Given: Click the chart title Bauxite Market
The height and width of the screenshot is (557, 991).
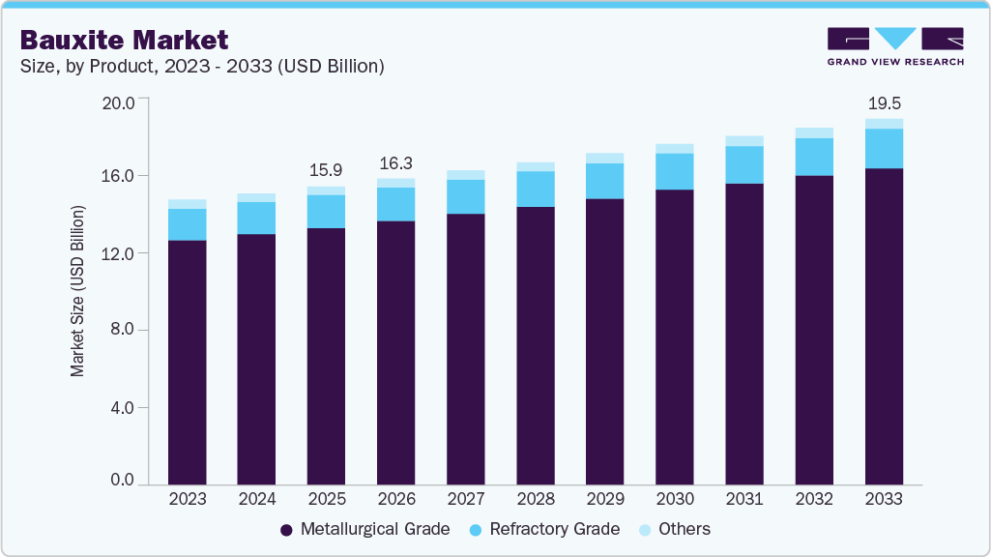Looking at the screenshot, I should point(125,40).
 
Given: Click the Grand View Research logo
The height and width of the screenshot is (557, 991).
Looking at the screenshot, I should point(895,45).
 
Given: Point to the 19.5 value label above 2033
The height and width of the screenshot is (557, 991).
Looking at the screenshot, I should point(884,103).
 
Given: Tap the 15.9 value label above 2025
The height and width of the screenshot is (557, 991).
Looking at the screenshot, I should point(326,169).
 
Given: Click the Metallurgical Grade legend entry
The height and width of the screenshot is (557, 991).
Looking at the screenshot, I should point(364,529).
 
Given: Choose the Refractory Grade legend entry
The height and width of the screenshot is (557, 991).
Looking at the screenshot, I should point(544,529).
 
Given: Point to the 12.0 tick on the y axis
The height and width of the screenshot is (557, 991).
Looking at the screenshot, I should point(120,253).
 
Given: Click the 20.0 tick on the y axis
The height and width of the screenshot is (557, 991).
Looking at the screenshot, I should point(120,100).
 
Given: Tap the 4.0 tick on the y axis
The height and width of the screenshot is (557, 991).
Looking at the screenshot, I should point(124,408).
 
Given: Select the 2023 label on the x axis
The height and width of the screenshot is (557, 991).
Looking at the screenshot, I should point(187,500).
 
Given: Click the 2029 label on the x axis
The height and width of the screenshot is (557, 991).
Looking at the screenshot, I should point(605,500).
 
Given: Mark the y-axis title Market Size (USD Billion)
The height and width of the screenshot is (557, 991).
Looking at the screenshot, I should point(77,291).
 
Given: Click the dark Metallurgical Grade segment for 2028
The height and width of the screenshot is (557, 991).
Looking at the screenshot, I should point(536,345).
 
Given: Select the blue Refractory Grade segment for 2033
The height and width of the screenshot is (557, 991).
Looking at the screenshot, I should point(884,148).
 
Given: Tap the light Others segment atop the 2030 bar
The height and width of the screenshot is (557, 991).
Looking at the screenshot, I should point(675,149).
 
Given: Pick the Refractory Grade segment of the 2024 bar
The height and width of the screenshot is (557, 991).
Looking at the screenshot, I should point(256,218).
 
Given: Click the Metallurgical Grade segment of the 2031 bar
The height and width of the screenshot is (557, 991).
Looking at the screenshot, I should point(744,334).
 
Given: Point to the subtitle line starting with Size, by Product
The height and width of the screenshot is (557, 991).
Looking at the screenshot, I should point(203,67).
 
